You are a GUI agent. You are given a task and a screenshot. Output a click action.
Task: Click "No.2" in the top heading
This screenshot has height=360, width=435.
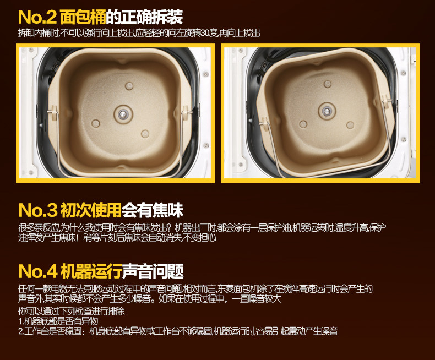click(36, 17)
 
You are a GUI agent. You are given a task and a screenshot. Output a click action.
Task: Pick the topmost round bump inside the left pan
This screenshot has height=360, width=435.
click(130, 85)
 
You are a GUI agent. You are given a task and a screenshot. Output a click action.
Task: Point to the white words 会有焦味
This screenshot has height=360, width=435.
click(153, 210)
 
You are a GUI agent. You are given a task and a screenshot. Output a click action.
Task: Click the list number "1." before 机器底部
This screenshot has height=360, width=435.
click(20, 321)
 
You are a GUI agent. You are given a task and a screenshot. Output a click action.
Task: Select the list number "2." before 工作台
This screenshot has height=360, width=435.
click(20, 331)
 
